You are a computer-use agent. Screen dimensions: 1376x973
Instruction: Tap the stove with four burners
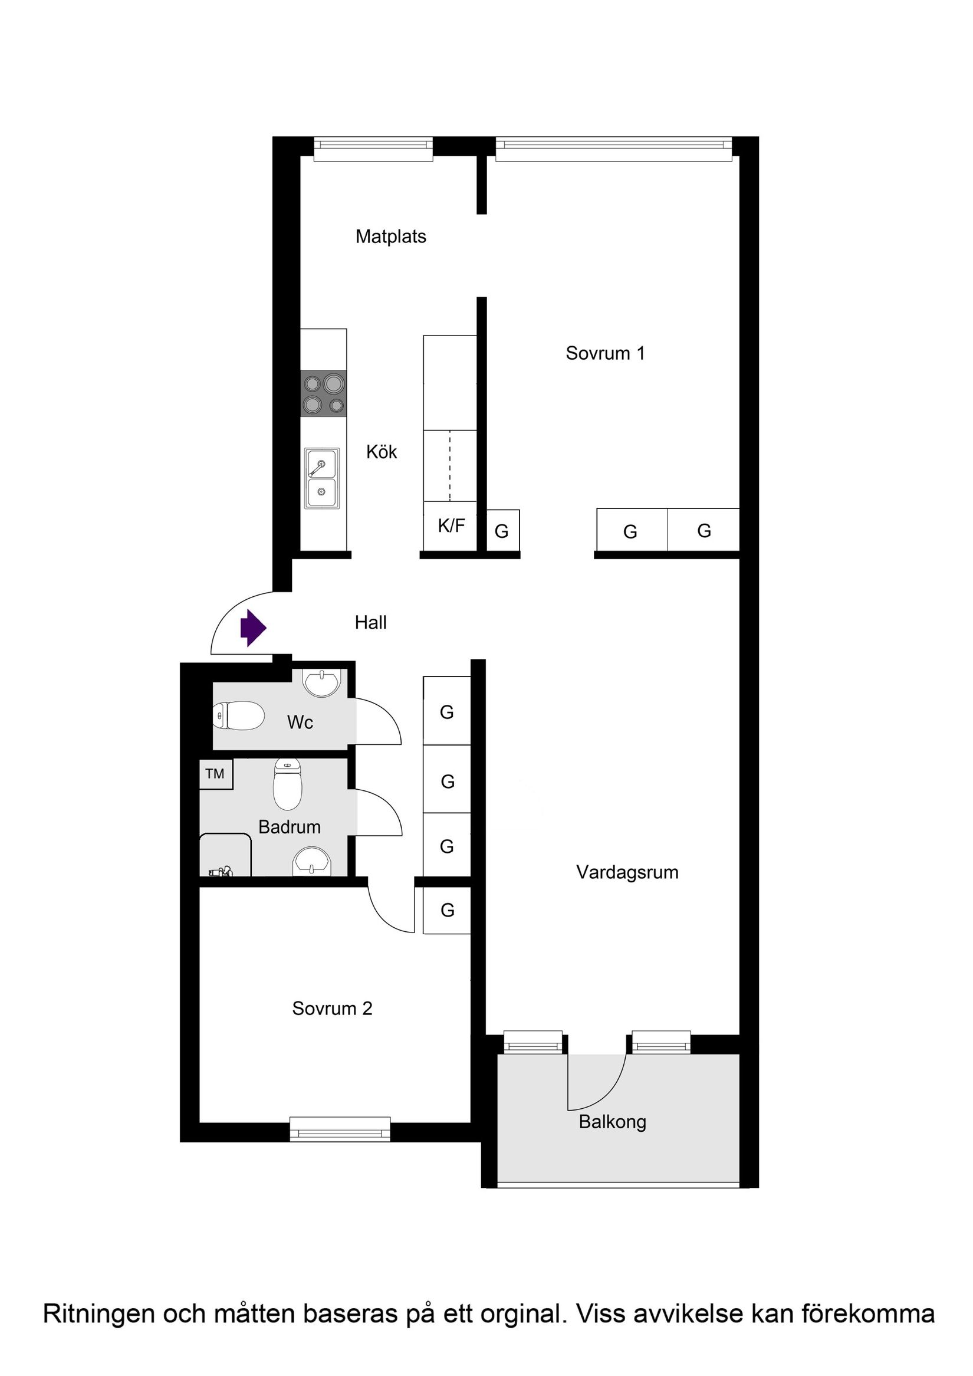pyautogui.click(x=324, y=393)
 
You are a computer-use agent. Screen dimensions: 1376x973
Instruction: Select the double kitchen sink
pyautogui.click(x=322, y=478)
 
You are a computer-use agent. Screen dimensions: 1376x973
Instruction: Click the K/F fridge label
pyautogui.click(x=451, y=526)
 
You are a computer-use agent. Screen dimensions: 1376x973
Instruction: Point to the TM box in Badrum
pyautogui.click(x=215, y=774)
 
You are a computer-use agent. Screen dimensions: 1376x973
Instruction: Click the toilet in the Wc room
pyautogui.click(x=238, y=715)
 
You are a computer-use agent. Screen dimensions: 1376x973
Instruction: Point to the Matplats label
pyautogui.click(x=390, y=237)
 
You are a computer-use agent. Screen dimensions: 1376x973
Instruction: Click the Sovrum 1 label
pyautogui.click(x=605, y=354)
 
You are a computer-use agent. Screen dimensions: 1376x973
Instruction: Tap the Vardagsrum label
pyautogui.click(x=627, y=872)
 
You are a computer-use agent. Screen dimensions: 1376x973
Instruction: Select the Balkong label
pyautogui.click(x=612, y=1122)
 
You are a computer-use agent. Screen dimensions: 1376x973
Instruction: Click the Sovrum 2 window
pyautogui.click(x=340, y=1128)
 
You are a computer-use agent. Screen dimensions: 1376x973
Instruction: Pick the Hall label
pyautogui.click(x=370, y=623)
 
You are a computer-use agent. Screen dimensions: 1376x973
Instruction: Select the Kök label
pyautogui.click(x=382, y=452)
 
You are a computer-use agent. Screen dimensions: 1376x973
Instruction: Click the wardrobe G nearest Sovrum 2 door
pyautogui.click(x=447, y=910)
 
